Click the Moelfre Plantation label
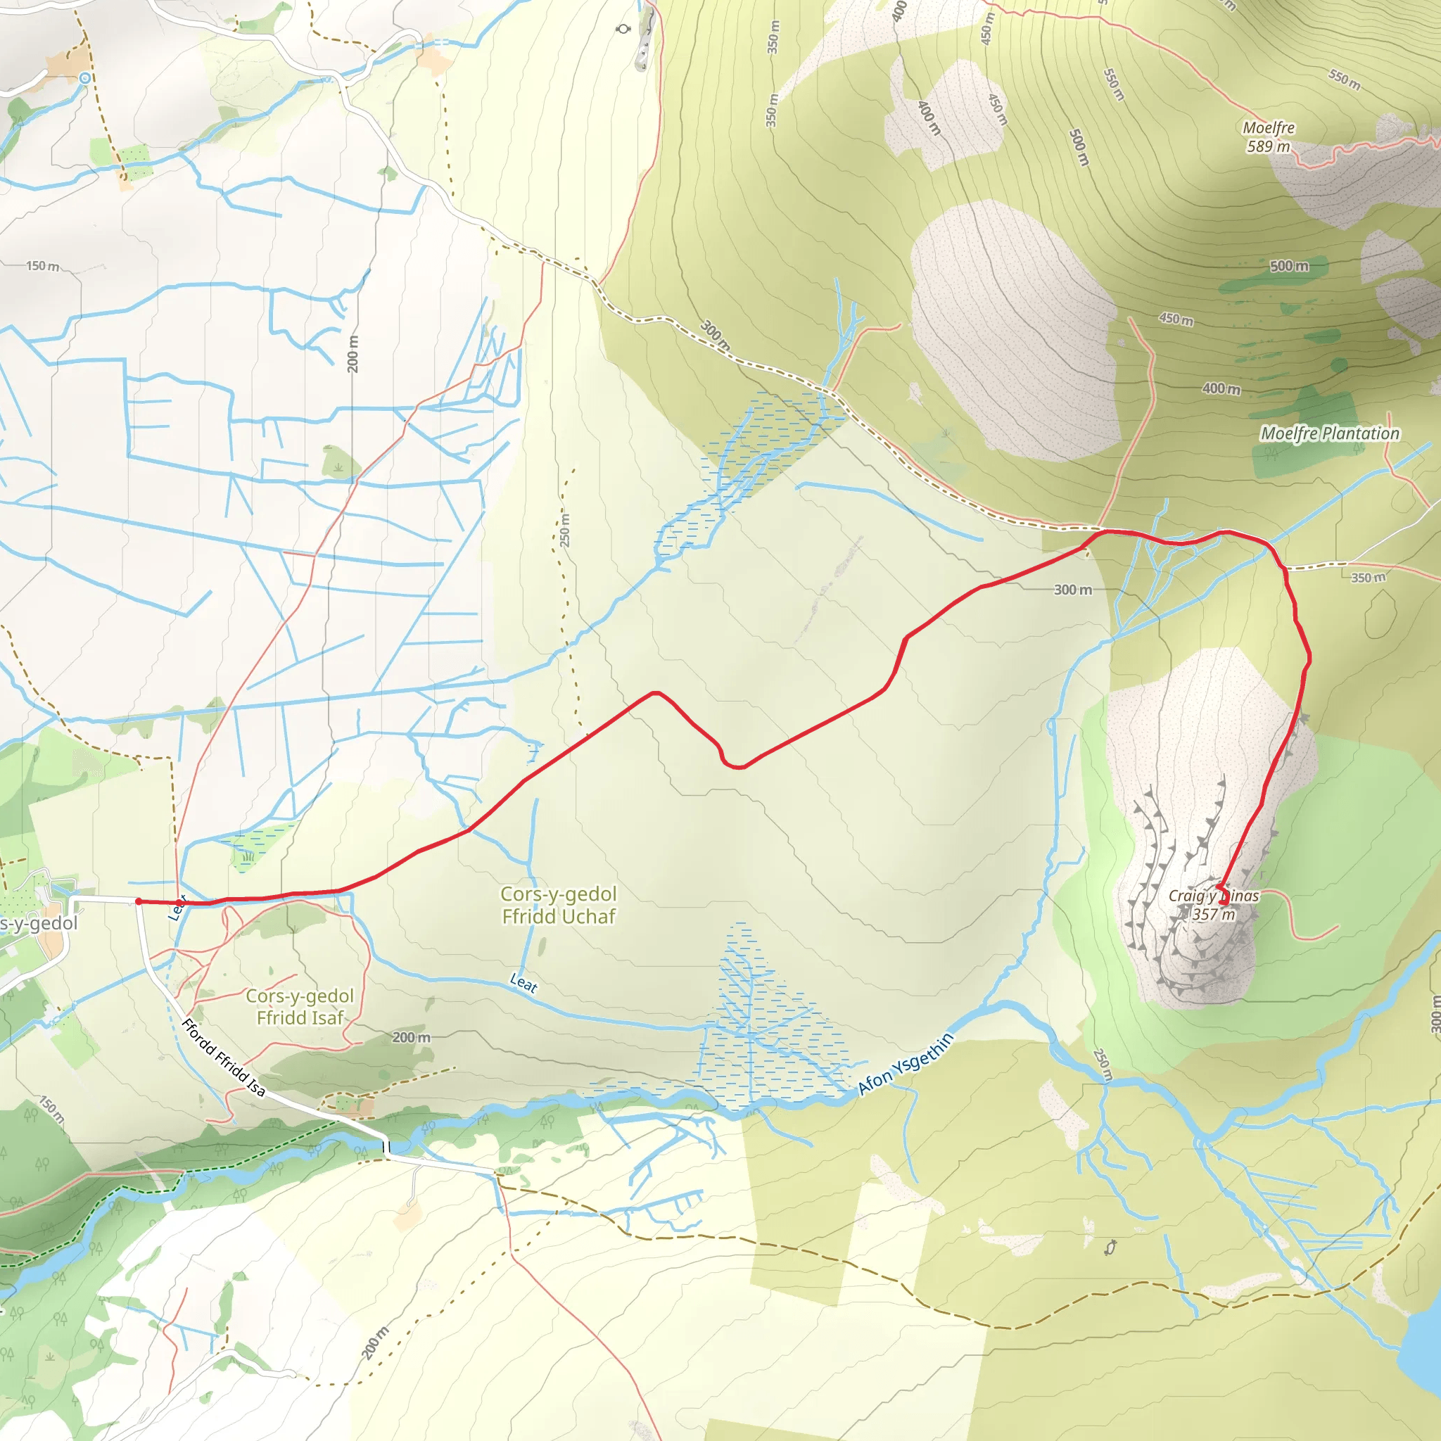pos(1330,433)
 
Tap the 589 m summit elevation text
pos(1268,146)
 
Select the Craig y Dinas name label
pos(1214,896)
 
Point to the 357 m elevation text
pos(1214,915)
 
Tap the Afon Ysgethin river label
pos(906,1064)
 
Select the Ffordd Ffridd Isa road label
pos(223,1058)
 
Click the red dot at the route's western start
pos(139,901)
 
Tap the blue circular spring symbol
pos(85,77)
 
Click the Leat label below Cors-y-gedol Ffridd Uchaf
pos(523,983)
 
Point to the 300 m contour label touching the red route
pos(1072,590)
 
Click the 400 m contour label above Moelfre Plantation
pos(1221,388)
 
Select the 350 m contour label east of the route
pos(1368,577)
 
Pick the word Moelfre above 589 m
pos(1268,127)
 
